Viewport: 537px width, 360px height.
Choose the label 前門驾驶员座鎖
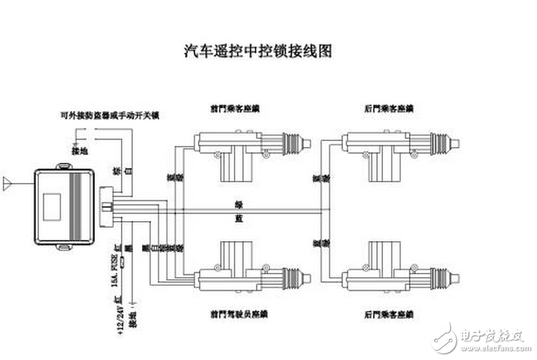click(x=238, y=315)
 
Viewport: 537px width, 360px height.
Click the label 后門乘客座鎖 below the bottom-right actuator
click(x=389, y=315)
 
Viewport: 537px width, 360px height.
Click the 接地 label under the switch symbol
click(x=79, y=150)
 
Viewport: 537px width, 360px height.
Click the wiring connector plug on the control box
click(x=107, y=204)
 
